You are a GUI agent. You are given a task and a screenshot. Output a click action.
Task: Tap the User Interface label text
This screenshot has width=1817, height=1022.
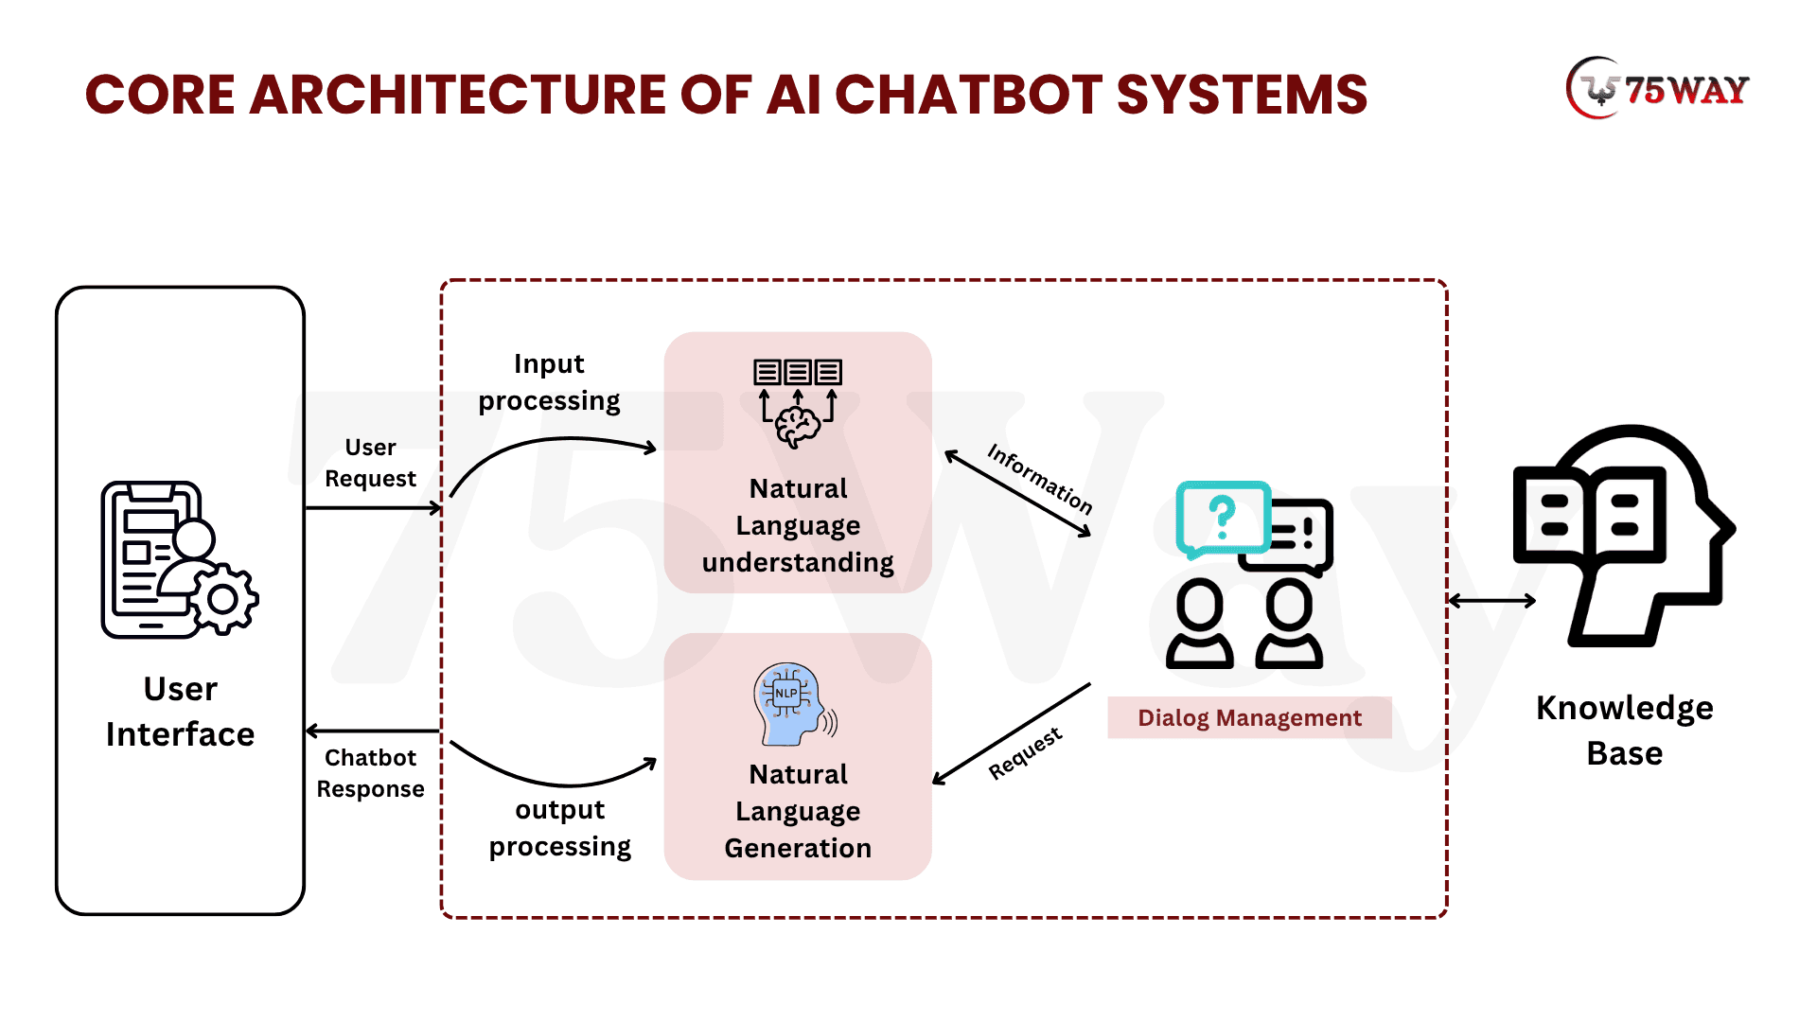180,712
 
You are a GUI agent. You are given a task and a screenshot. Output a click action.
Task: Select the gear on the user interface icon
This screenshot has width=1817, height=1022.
223,599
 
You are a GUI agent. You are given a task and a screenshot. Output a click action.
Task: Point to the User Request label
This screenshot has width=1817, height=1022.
370,463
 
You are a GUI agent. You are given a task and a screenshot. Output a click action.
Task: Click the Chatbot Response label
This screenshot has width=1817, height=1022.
370,773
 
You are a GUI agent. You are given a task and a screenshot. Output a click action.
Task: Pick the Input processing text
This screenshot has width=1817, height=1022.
549,382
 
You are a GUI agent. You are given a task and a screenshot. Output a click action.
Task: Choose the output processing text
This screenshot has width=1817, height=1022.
559,828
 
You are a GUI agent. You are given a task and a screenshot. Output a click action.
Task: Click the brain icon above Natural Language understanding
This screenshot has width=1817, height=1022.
798,425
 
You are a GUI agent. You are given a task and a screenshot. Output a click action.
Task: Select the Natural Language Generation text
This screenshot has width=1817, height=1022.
798,811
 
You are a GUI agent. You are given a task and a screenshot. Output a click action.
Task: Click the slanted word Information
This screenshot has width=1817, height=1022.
1040,479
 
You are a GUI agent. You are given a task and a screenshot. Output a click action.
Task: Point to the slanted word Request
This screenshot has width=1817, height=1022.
1025,753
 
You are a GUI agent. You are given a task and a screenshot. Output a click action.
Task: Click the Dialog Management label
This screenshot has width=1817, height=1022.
1249,717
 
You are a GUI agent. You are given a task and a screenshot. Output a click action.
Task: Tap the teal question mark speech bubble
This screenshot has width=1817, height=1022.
1222,518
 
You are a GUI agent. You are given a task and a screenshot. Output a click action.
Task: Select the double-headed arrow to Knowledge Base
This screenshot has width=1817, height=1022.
1491,600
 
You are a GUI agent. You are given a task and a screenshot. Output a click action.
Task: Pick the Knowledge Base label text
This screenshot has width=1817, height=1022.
1624,730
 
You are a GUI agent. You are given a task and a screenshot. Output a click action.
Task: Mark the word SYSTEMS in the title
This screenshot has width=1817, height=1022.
1242,95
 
